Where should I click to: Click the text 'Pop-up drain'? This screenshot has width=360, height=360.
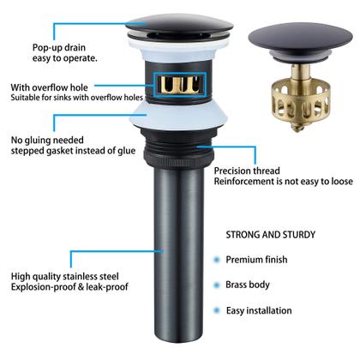click(59, 48)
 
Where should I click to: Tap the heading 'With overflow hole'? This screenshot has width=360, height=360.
click(49, 87)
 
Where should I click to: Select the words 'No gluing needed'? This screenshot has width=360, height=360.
click(47, 140)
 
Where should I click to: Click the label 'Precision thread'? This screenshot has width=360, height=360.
click(247, 171)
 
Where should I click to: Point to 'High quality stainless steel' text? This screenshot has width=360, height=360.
click(64, 276)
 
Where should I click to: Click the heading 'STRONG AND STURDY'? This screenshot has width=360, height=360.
click(271, 235)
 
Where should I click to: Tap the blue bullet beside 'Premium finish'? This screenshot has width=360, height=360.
click(217, 260)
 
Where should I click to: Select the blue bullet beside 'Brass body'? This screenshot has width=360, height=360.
click(217, 285)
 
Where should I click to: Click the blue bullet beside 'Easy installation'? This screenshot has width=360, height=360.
click(217, 310)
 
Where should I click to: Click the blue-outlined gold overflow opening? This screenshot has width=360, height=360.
click(179, 85)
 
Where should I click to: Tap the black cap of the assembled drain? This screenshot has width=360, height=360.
click(179, 25)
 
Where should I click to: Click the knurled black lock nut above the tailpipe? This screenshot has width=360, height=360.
click(179, 158)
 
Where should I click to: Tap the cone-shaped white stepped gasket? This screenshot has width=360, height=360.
click(179, 116)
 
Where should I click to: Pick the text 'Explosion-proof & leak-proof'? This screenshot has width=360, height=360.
click(69, 287)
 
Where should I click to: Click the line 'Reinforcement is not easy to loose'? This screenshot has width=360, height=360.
click(284, 182)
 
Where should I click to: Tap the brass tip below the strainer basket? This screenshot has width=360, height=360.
click(297, 128)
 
